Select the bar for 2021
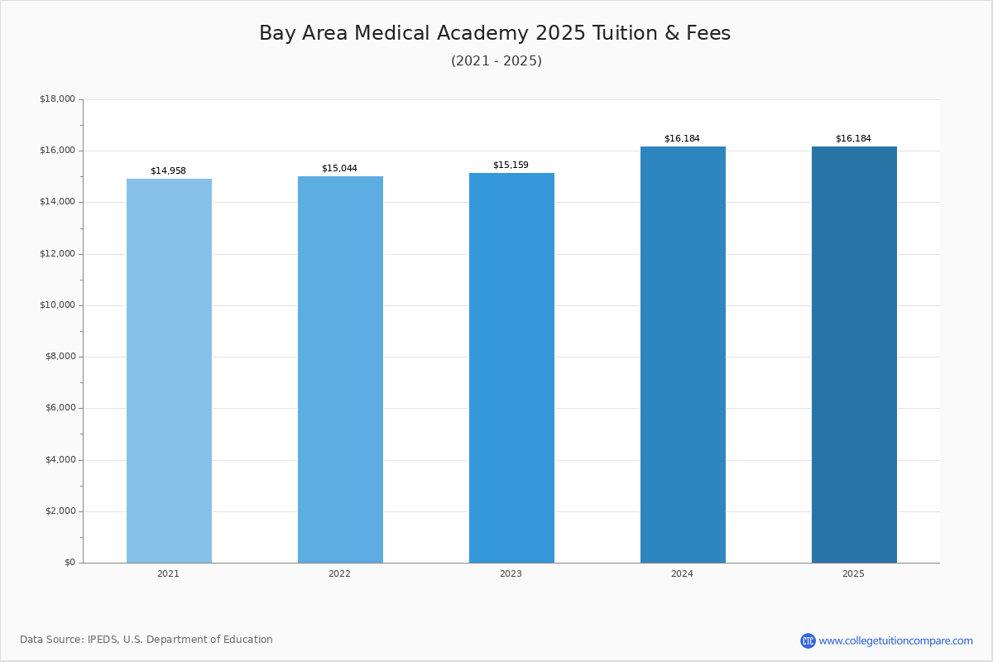pos(169,371)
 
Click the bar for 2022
pos(340,369)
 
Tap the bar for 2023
pos(511,368)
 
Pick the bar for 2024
pos(684,355)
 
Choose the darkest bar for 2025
pos(854,355)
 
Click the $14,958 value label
pos(169,170)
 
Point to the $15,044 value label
pos(339,168)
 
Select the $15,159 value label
pos(511,165)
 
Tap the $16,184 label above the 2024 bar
pos(682,138)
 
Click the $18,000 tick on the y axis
pos(58,98)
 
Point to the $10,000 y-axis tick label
pos(58,305)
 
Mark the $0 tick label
pos(70,563)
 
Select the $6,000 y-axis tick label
pos(60,408)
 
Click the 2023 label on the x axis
pos(511,573)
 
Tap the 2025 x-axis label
pos(853,573)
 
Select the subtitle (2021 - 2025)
pos(496,60)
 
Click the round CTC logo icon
pos(808,640)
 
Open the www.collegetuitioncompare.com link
pos(896,640)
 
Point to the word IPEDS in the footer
pos(103,640)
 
